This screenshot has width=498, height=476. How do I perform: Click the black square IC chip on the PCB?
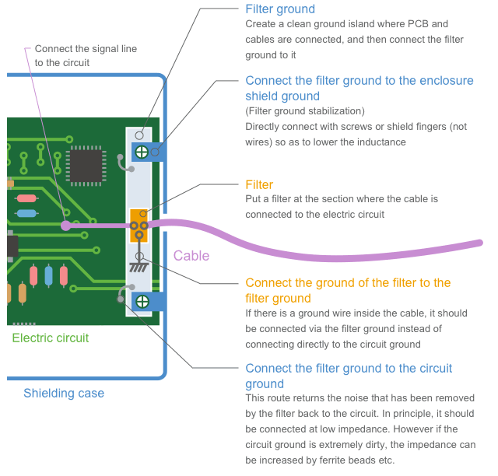(86, 164)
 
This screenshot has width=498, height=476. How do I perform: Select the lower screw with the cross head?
(142, 301)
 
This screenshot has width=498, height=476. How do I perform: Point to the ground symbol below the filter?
(139, 266)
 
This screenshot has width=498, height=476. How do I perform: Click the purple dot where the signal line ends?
(66, 226)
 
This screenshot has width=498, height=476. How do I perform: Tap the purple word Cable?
(191, 256)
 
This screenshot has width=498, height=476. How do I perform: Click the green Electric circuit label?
(51, 338)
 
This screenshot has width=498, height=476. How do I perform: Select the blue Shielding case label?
(64, 393)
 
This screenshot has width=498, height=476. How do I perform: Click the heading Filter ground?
(280, 9)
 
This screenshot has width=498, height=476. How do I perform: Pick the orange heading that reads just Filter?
(259, 184)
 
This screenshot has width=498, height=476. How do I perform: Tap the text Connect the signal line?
(86, 48)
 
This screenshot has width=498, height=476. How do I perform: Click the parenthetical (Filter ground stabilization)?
(305, 111)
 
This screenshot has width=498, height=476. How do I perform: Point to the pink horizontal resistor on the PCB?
(26, 198)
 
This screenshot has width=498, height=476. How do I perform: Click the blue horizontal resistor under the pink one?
(26, 213)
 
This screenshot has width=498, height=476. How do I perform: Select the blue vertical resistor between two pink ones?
(49, 275)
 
